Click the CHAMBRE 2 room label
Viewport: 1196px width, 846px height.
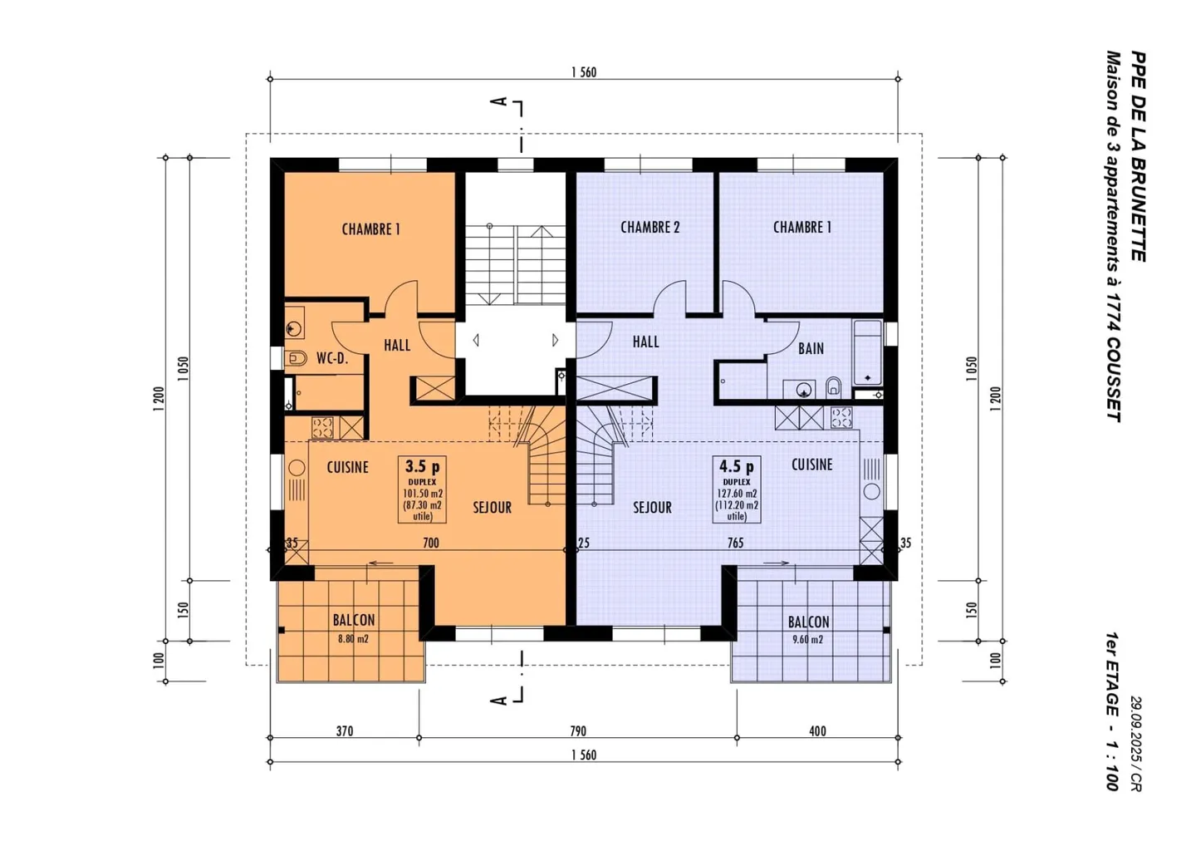(x=649, y=227)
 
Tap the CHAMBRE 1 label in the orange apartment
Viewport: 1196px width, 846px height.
(x=370, y=229)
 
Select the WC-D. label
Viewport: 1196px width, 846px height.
(x=331, y=358)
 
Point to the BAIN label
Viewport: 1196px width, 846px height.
(x=811, y=348)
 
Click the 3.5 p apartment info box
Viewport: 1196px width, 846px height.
(x=422, y=489)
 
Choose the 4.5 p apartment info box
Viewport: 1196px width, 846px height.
(x=737, y=489)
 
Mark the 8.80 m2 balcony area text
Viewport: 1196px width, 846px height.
(x=353, y=639)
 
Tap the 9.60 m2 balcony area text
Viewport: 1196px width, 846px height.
(x=807, y=640)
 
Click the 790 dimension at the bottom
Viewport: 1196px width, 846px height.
(x=577, y=731)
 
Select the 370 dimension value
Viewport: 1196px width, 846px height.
(x=344, y=731)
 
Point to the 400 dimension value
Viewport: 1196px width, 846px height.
(x=817, y=731)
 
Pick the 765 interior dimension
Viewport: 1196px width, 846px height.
(x=735, y=543)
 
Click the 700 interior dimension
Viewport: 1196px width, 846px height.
(x=430, y=543)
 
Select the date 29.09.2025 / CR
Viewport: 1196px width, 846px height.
(x=1135, y=743)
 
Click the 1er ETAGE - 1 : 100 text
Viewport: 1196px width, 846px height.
(x=1110, y=711)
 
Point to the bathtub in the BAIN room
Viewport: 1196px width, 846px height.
(x=867, y=353)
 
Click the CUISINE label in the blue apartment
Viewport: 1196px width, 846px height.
(x=811, y=465)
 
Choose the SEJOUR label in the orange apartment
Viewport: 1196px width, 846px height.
(x=492, y=507)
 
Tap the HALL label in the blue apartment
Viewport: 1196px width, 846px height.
(x=645, y=342)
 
